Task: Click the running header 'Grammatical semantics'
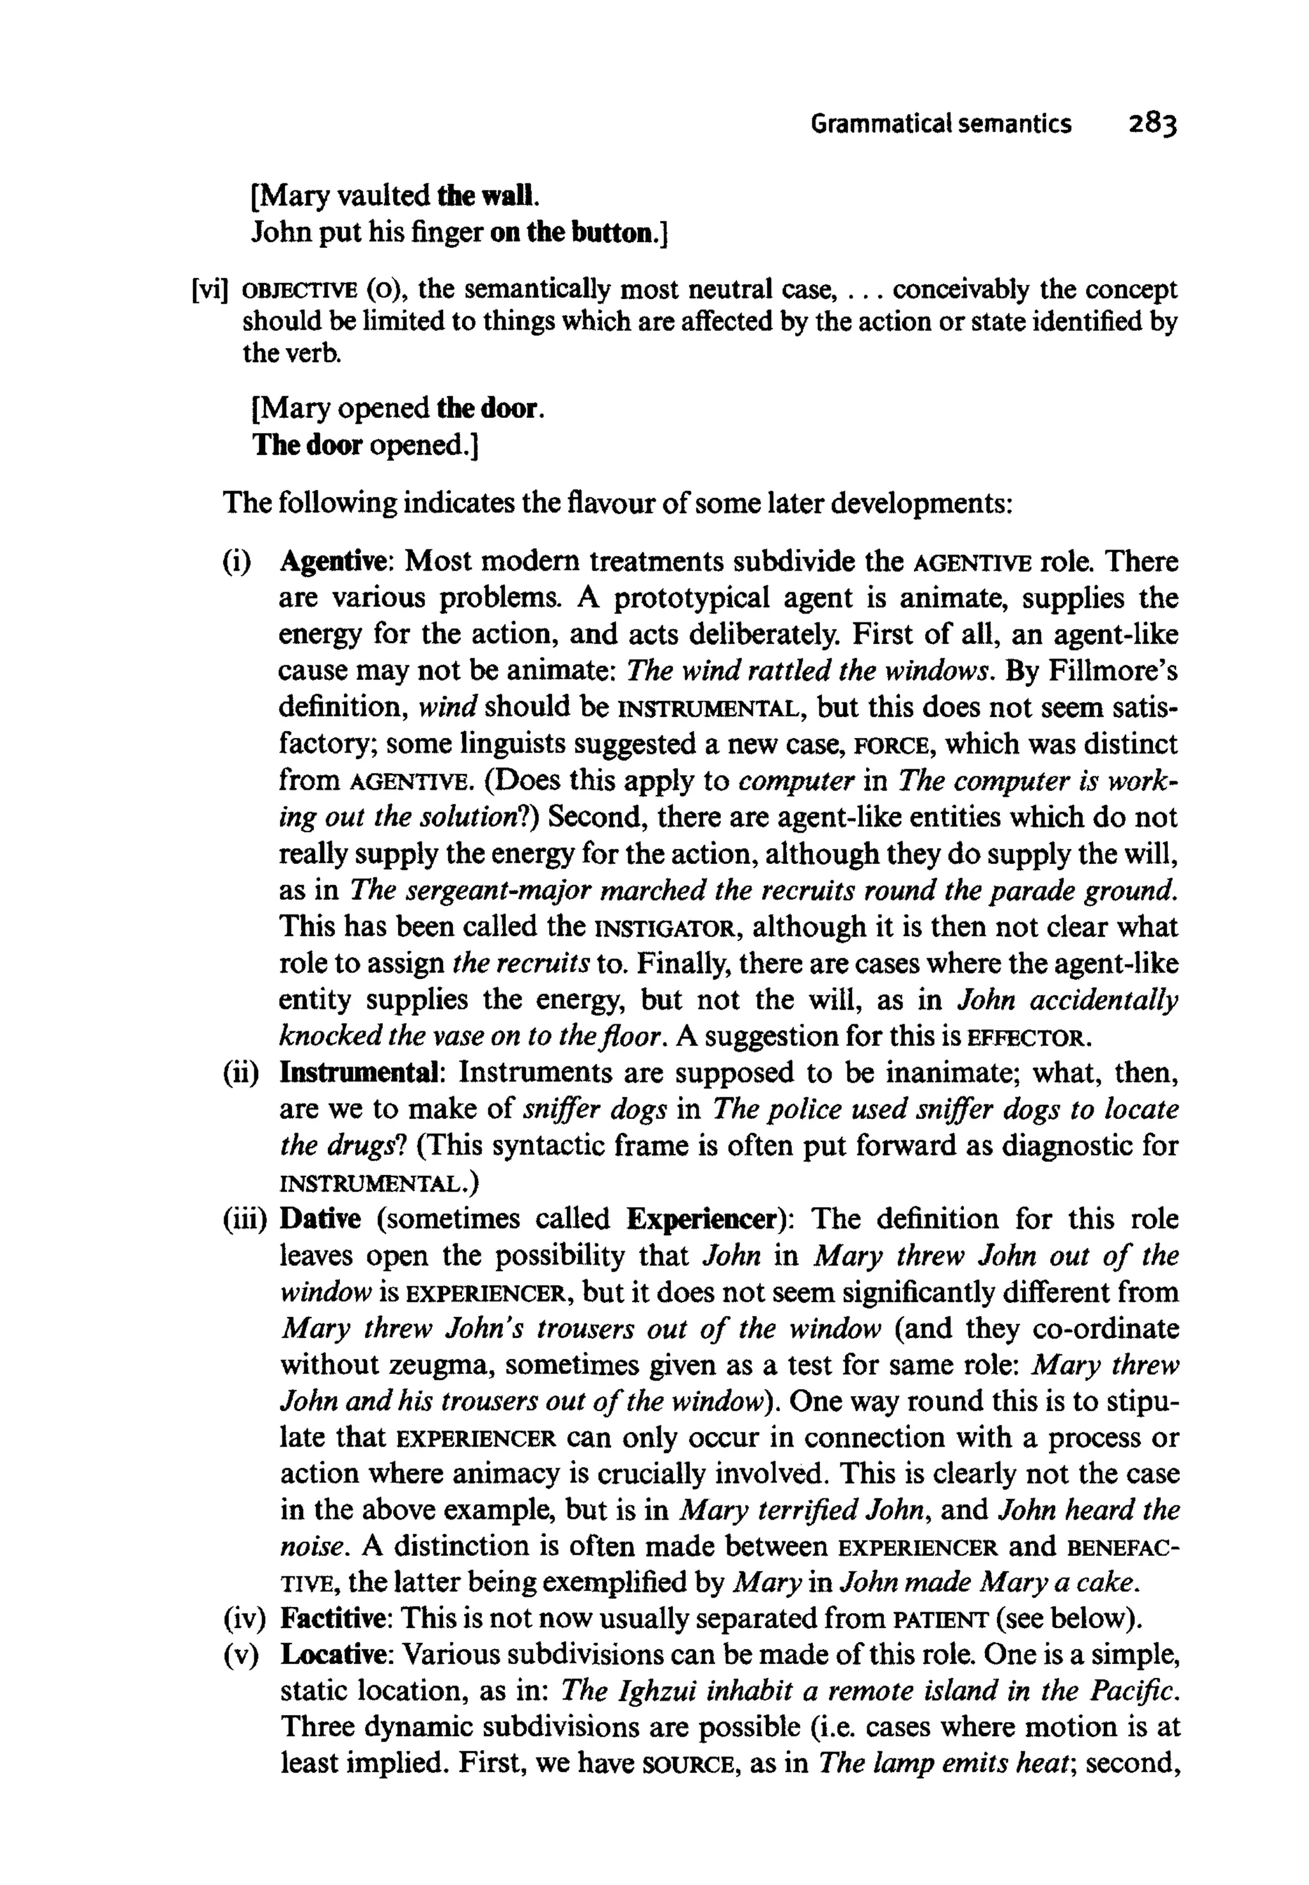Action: tap(941, 124)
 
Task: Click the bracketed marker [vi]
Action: tap(208, 290)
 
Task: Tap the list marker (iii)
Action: tap(245, 1220)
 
